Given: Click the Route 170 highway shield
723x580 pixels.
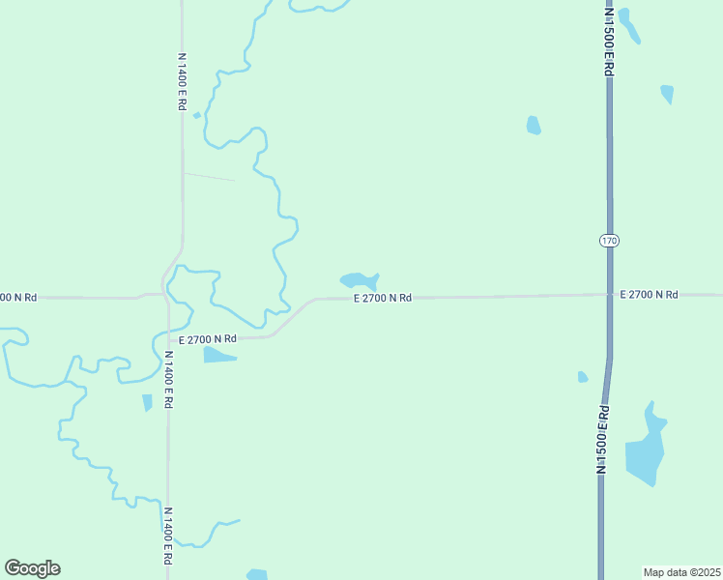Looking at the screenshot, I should click(608, 240).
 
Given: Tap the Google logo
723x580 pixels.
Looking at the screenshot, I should click(32, 568).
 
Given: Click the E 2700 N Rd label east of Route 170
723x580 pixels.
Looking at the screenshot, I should click(649, 294).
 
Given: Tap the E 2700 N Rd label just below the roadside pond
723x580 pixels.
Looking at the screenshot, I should click(383, 299).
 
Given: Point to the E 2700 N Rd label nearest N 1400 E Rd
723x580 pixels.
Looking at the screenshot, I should click(207, 338).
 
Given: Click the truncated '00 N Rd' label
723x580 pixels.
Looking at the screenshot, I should click(18, 297).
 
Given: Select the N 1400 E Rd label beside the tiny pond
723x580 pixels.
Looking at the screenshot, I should click(181, 80).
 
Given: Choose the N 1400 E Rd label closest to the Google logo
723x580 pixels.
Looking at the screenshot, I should click(167, 536).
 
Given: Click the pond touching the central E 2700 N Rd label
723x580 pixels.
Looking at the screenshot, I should click(358, 280).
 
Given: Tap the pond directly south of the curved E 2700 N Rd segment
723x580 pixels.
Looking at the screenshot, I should click(218, 355).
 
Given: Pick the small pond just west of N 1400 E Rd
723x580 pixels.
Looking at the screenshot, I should click(147, 402).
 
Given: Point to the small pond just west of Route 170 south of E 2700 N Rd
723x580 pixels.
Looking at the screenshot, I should click(582, 377).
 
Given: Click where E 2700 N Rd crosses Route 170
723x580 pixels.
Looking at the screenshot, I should click(609, 294).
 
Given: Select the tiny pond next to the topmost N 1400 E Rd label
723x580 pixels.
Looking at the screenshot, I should click(196, 115).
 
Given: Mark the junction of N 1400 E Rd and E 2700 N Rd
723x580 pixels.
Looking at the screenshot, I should click(166, 294).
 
